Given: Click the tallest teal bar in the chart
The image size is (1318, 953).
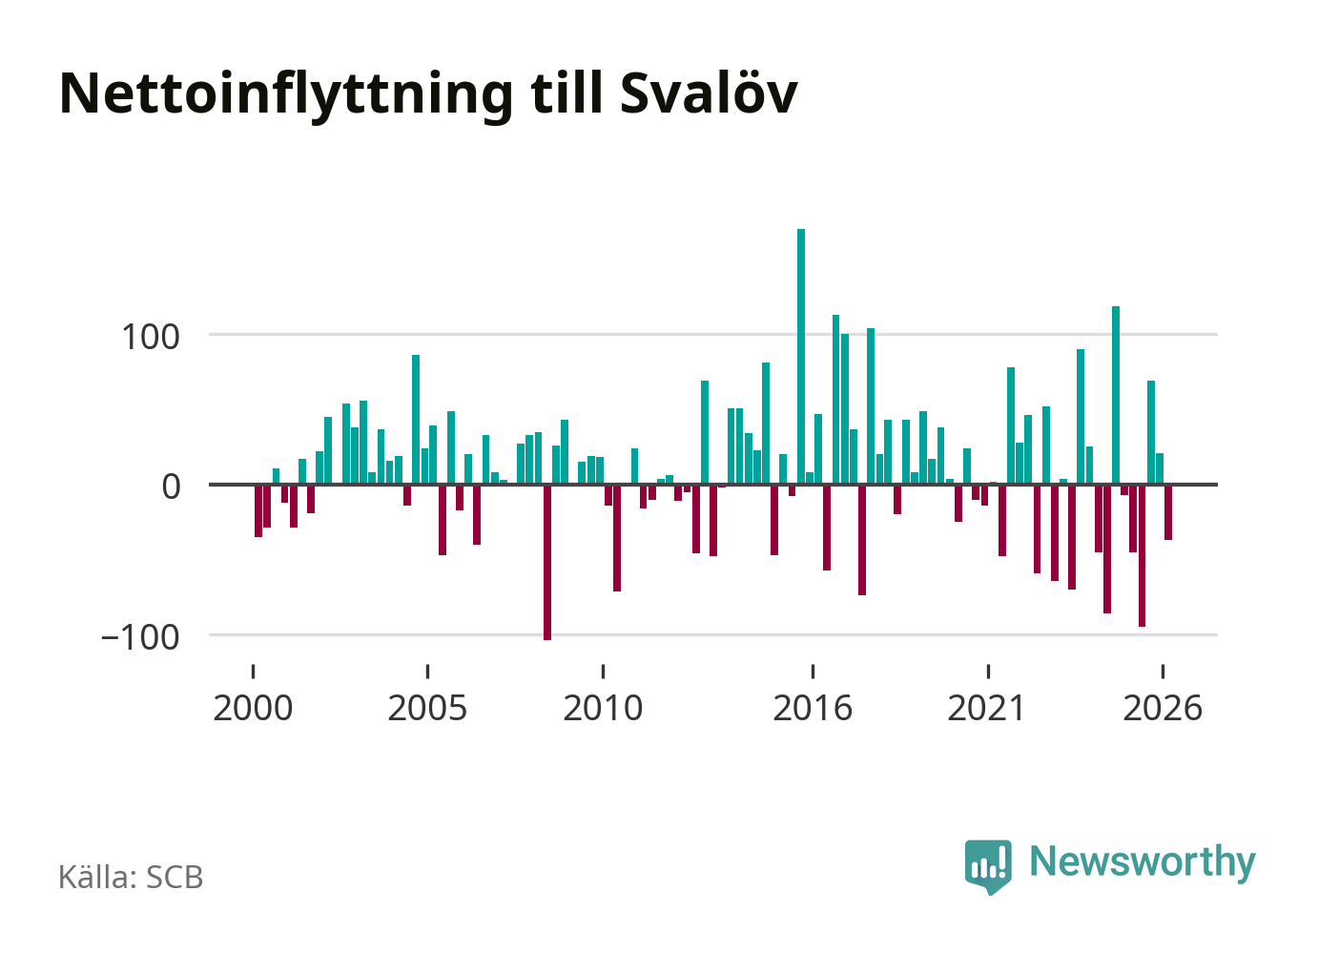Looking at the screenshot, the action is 801,357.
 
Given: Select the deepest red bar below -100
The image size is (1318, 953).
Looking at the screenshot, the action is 547,562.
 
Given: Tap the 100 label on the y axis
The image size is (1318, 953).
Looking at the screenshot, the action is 151,338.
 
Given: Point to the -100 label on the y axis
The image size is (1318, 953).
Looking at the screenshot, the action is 140,637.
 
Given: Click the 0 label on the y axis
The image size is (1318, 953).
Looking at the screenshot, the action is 172,487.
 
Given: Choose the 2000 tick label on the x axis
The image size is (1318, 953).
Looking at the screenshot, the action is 253,708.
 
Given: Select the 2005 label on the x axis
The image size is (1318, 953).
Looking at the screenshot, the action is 428,708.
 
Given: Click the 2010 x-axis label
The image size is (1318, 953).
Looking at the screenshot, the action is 603,708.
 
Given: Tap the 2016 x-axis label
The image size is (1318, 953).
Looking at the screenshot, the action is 813,708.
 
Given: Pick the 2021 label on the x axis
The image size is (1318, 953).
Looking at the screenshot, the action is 987,708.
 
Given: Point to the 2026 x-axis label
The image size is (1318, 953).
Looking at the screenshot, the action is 1163,708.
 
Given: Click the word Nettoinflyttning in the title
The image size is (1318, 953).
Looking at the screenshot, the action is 286,95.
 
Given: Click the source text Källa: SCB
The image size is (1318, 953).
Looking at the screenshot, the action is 131,877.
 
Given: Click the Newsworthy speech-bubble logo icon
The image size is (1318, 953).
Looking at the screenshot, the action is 988,866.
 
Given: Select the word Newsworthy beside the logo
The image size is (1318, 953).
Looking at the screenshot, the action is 1143,863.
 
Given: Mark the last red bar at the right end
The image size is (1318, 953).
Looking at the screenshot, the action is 1168,512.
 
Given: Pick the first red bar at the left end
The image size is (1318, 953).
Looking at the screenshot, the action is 258,510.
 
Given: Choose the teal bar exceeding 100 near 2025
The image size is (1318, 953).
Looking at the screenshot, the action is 1116,396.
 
